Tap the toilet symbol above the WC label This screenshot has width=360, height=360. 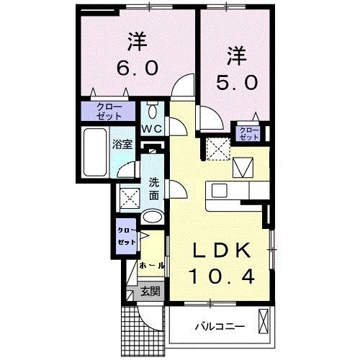[152, 112]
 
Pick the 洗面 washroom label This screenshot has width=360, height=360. [154, 188]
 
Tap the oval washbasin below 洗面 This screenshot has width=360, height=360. [152, 217]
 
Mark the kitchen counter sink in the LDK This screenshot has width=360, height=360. [220, 191]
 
